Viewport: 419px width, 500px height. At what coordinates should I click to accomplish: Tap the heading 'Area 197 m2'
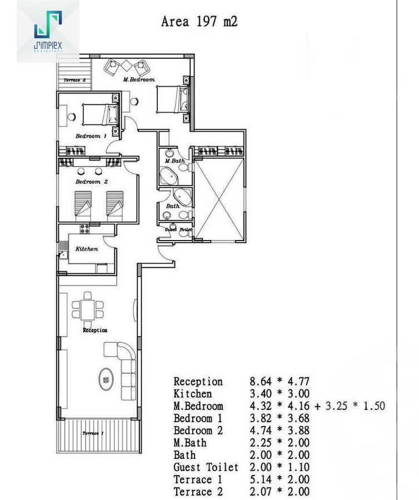pos(199,22)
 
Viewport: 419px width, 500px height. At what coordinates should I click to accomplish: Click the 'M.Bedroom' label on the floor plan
pos(138,79)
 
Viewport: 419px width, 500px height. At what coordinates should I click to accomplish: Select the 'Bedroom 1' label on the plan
pos(91,136)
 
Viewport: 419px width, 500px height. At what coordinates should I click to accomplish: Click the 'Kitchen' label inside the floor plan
pos(87,249)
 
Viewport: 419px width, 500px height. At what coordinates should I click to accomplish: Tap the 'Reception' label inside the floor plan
pos(95,330)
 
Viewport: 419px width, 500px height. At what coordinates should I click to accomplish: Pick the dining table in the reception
pos(88,306)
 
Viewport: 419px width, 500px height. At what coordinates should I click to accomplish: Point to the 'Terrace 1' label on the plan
pos(92,433)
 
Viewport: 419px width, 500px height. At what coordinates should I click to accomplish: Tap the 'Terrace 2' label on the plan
pos(74,81)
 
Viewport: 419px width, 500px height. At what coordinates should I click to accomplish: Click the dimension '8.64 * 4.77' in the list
pos(279,382)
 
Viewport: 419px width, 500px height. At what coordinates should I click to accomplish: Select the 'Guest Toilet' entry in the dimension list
pos(206,467)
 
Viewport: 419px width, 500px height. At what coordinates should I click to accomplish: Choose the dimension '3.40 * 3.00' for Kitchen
pos(279,394)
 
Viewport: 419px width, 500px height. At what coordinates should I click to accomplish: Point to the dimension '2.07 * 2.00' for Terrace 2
pos(279,492)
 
